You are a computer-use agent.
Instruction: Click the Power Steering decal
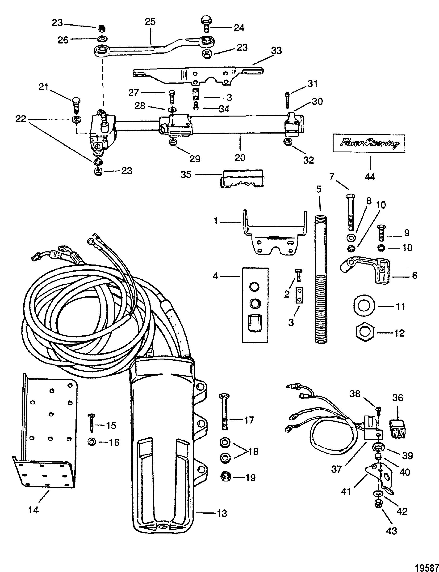369,144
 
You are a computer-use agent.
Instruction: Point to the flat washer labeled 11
364,306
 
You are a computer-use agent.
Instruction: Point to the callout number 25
150,22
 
